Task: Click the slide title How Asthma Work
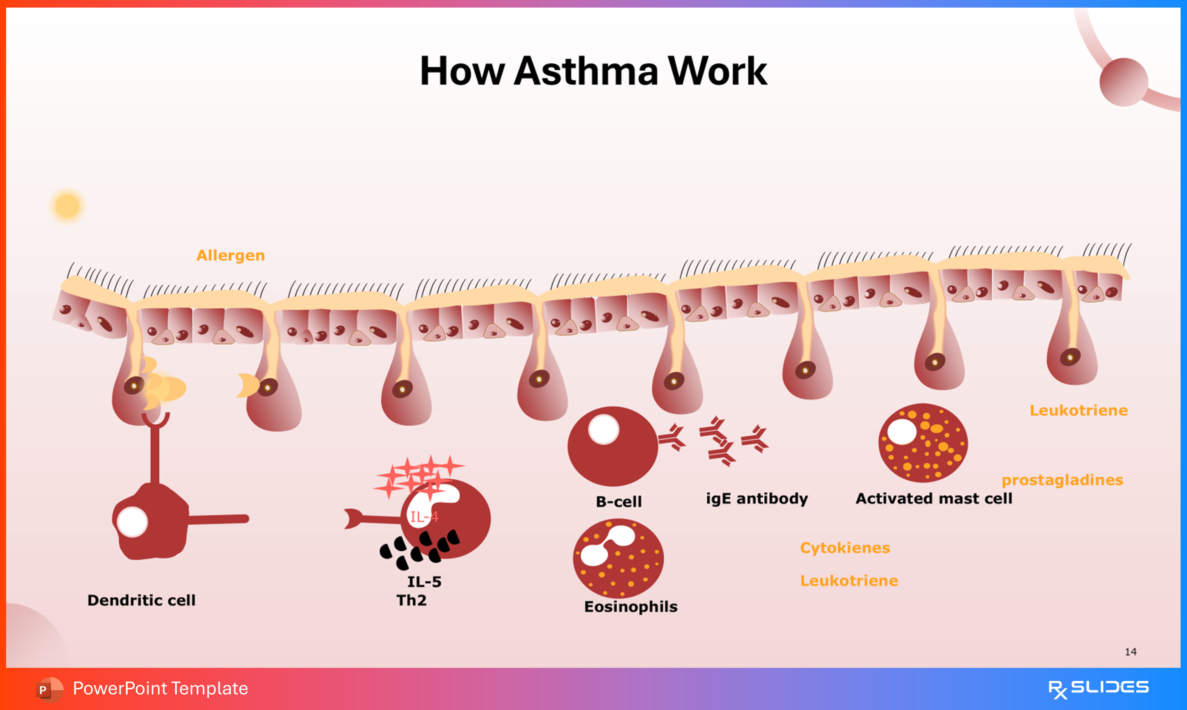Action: (594, 71)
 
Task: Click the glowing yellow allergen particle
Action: (67, 206)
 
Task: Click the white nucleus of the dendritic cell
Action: (132, 522)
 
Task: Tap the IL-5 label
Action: (424, 582)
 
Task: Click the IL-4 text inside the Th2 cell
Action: (424, 517)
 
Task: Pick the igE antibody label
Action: (757, 499)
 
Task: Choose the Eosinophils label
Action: (631, 607)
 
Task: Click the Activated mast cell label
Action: (934, 499)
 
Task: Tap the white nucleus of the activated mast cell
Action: (902, 431)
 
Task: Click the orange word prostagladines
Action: (1062, 480)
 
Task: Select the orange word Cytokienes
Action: (845, 548)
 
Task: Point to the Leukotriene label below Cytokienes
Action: (849, 581)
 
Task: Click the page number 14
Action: (1131, 652)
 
